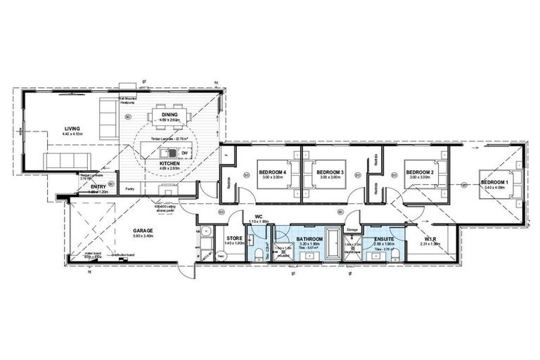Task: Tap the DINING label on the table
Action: [x=169, y=115]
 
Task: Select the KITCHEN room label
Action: [x=169, y=163]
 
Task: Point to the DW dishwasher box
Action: [x=184, y=153]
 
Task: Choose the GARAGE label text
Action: [x=143, y=230]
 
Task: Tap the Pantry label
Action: [x=130, y=188]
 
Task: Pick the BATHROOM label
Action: [x=309, y=239]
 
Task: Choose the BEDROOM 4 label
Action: [x=272, y=172]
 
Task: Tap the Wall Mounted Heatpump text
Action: [x=131, y=101]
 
